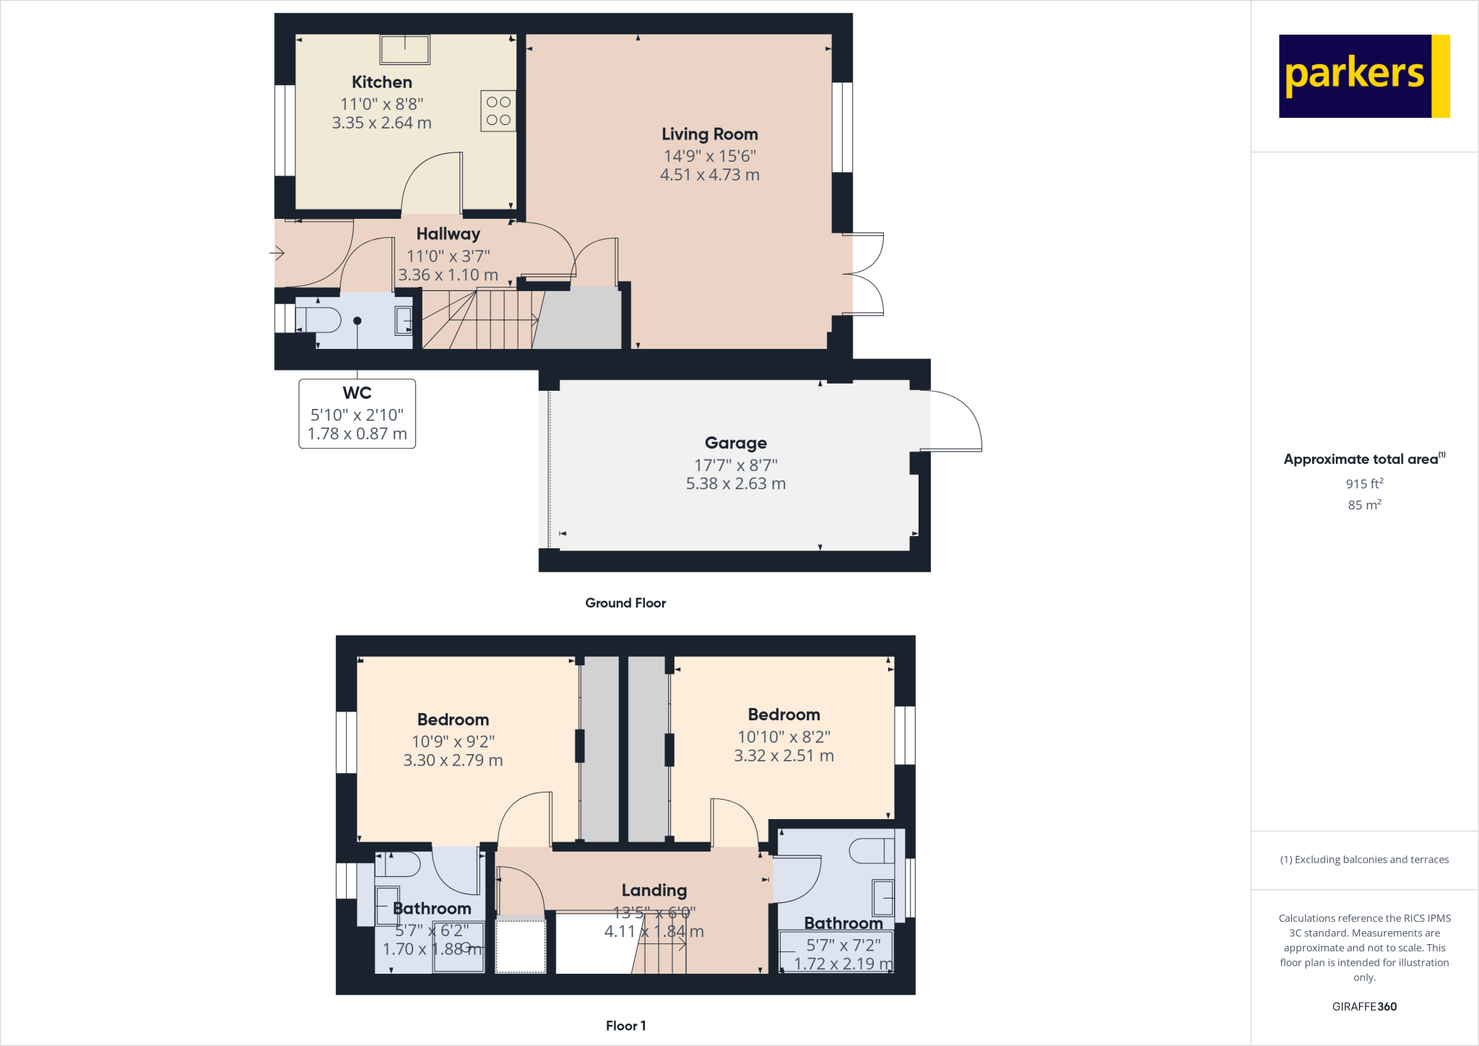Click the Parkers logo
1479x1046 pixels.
(x=1363, y=76)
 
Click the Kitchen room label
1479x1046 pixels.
(x=381, y=82)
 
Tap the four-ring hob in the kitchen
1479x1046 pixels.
(x=498, y=111)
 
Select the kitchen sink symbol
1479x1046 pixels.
(x=405, y=49)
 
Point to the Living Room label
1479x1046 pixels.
(x=709, y=134)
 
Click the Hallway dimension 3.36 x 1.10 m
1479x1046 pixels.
(x=448, y=275)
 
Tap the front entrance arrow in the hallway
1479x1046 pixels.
(x=277, y=253)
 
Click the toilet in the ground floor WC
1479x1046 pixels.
(x=320, y=320)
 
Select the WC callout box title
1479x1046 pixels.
(x=357, y=393)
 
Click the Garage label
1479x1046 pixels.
(x=735, y=443)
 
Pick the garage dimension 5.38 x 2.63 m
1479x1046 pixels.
(x=735, y=484)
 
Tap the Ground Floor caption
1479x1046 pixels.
(x=625, y=603)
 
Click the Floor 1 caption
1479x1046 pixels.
(x=625, y=1026)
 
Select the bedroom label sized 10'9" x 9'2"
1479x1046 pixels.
(x=453, y=719)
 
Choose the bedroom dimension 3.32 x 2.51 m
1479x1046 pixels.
(x=784, y=756)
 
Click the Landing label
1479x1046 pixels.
(x=654, y=891)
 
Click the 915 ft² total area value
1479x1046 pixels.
(x=1363, y=484)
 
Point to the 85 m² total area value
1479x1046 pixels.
(x=1363, y=505)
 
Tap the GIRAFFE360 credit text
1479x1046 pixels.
(x=1363, y=1006)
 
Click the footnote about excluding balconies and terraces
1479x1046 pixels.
(x=1363, y=860)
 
